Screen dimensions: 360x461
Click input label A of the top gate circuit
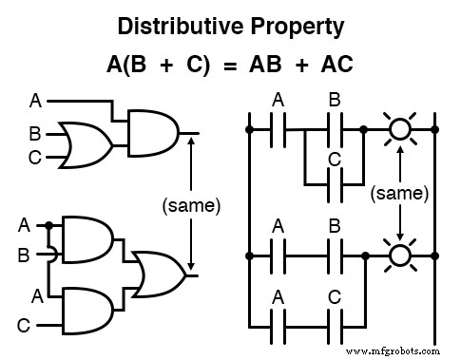pos(35,100)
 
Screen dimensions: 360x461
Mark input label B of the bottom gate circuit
pos(24,255)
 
